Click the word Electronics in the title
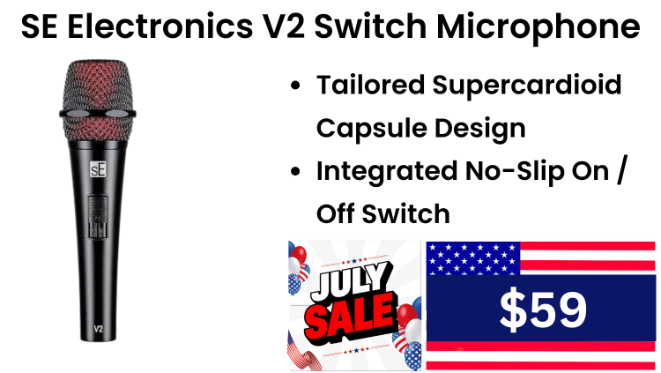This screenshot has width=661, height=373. pyautogui.click(x=160, y=26)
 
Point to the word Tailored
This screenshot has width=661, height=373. pyautogui.click(x=370, y=85)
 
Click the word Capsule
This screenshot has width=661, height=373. pyautogui.click(x=371, y=129)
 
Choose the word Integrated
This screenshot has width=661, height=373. pyautogui.click(x=387, y=172)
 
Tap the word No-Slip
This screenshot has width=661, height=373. pyautogui.click(x=514, y=172)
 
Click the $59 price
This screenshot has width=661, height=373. pyautogui.click(x=543, y=310)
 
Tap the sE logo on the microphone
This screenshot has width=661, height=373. pyautogui.click(x=98, y=169)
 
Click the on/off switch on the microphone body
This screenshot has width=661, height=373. pyautogui.click(x=97, y=217)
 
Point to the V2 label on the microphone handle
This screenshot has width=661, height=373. pyautogui.click(x=98, y=329)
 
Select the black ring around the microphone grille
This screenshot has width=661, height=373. pyautogui.click(x=97, y=114)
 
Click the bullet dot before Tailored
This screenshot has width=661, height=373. pyautogui.click(x=295, y=86)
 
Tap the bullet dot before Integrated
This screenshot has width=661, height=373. pyautogui.click(x=295, y=172)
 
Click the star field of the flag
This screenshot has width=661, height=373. pyautogui.click(x=473, y=257)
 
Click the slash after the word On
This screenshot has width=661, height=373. pyautogui.click(x=622, y=170)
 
